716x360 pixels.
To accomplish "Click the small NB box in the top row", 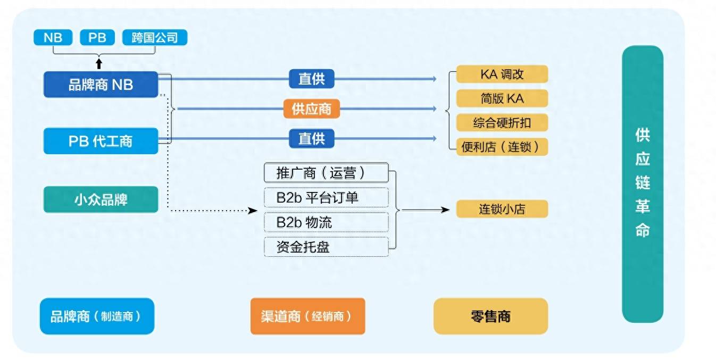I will coord(53,38).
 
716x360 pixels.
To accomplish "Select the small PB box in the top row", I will coord(97,38).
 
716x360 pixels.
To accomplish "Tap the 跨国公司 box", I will coord(155,38).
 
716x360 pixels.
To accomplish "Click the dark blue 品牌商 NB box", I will coord(101,85).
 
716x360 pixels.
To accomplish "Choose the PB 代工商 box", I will coord(101,141).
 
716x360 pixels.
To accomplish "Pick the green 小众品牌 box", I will coord(101,199).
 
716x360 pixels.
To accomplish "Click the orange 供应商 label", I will coord(311,109).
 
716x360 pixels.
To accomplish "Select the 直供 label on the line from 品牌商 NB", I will coord(311,79).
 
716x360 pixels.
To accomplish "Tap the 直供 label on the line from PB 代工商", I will coord(311,138).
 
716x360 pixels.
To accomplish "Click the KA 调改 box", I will coord(502,74).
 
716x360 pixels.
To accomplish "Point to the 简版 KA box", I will coord(502,98).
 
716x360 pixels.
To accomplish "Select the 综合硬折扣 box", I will coord(502,123).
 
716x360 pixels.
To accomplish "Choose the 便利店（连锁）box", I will coord(502,147).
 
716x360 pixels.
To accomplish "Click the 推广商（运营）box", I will coord(326,173).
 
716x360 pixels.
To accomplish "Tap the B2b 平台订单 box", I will coord(326,197).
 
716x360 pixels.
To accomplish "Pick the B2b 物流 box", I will coord(326,222).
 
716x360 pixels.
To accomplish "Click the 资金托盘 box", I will coord(326,247).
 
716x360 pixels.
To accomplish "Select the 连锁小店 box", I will coord(502,209).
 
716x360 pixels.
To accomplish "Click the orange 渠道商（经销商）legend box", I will coord(307,316).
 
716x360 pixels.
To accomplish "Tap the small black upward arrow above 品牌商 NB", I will coord(98,64).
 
